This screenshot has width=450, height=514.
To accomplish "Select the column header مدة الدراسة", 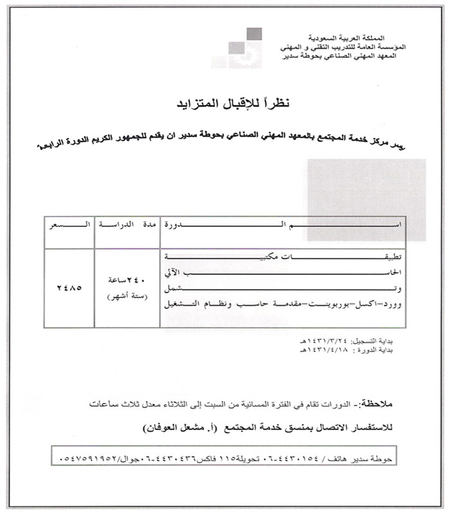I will (x=126, y=227).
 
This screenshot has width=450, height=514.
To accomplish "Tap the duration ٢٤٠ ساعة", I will (x=126, y=278).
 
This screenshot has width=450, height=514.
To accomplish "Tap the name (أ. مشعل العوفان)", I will (x=173, y=426).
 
